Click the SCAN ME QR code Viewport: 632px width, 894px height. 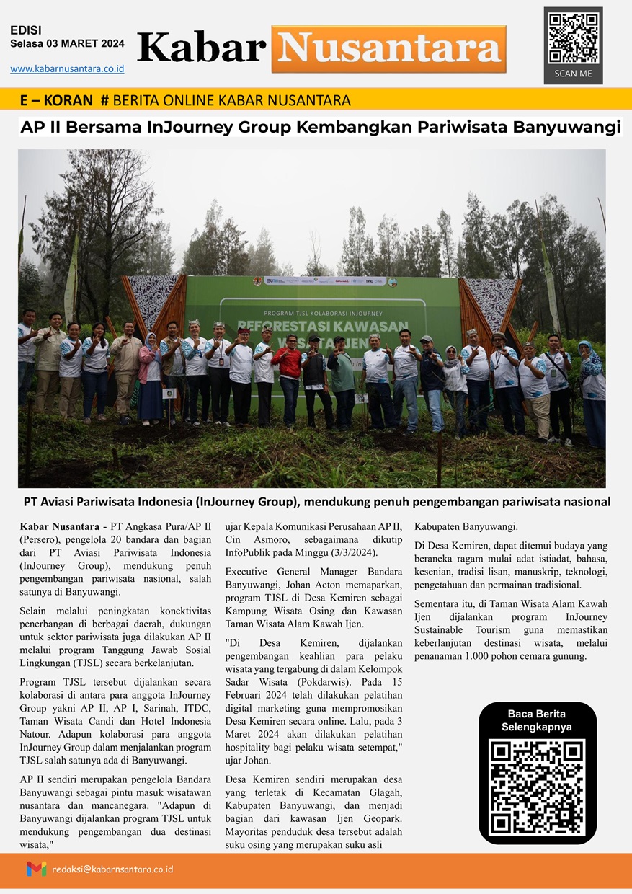pyautogui.click(x=573, y=37)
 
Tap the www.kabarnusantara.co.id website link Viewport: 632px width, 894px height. pyautogui.click(x=67, y=68)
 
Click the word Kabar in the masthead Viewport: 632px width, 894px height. pyautogui.click(x=201, y=48)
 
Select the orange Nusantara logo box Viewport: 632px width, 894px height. pyautogui.click(x=388, y=48)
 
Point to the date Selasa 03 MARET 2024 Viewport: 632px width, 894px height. pyautogui.click(x=67, y=44)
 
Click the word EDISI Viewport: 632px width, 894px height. pyautogui.click(x=25, y=30)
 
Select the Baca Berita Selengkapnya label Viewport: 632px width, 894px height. pyautogui.click(x=537, y=720)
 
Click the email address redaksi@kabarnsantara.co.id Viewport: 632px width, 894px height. pyautogui.click(x=112, y=869)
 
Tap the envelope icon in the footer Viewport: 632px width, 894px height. pyautogui.click(x=36, y=869)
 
